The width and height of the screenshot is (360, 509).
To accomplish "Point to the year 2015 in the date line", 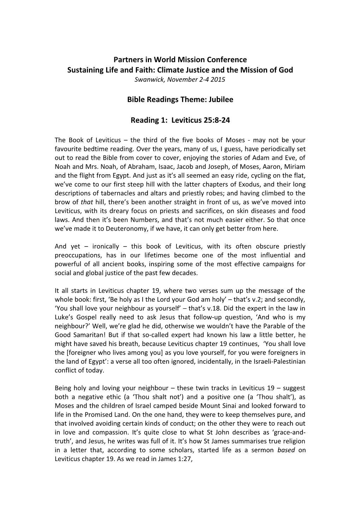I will coord(218,79).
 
